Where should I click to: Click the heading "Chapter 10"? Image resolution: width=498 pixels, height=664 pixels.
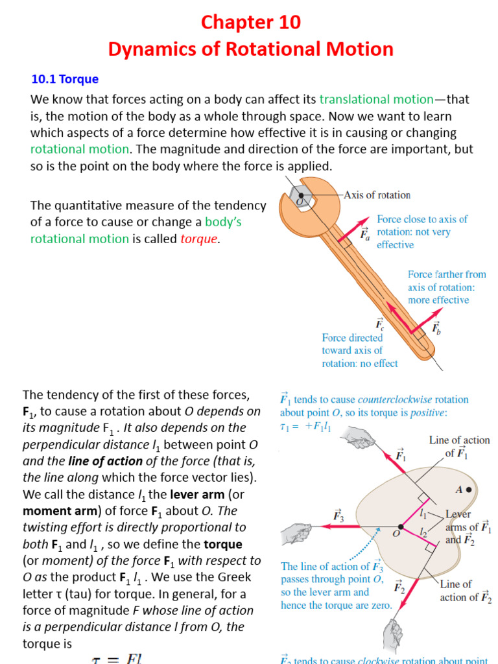[x=250, y=23]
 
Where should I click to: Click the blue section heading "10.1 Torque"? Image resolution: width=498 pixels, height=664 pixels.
[x=65, y=79]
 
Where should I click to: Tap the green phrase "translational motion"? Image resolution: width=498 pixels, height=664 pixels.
[x=376, y=99]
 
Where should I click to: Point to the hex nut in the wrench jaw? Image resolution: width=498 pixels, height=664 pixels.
[x=300, y=196]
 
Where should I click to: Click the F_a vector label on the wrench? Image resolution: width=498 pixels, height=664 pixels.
[x=365, y=234]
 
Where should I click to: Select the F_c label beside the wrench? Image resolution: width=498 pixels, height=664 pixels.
[x=379, y=323]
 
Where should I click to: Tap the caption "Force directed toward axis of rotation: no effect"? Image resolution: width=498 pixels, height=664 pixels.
[x=361, y=350]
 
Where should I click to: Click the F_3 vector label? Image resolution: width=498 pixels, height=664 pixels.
[x=338, y=516]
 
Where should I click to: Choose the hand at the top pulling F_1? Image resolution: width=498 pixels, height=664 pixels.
[x=359, y=438]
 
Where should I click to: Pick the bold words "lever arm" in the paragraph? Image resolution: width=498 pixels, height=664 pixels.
[x=196, y=495]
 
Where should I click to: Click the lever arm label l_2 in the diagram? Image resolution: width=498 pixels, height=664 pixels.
[x=423, y=532]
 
